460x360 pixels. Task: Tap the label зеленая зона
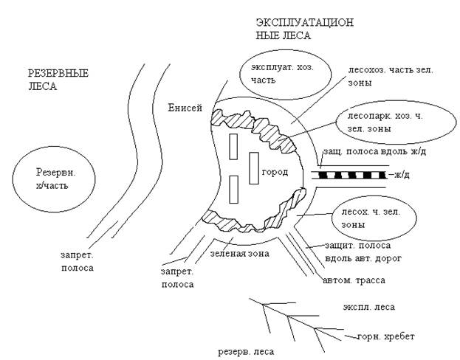(x=238, y=253)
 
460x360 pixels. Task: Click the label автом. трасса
(x=353, y=280)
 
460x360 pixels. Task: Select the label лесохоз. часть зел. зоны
(x=385, y=77)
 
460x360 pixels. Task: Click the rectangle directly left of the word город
(x=253, y=167)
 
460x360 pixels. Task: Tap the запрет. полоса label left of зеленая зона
(x=178, y=277)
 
